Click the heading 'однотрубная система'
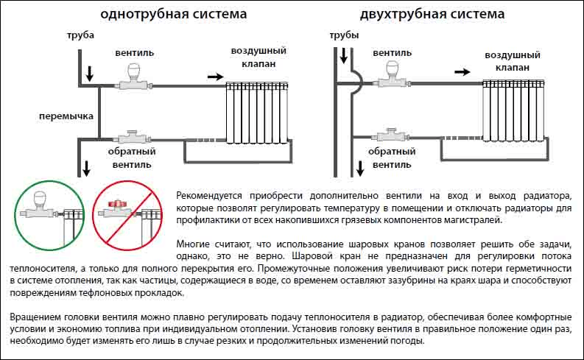click(x=174, y=14)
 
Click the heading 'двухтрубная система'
click(x=432, y=14)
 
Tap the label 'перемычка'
click(x=66, y=116)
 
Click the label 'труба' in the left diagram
click(x=80, y=36)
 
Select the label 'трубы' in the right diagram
click(x=344, y=36)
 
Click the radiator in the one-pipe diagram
click(x=257, y=113)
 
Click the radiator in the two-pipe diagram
click(x=513, y=110)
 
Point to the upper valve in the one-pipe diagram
click(x=133, y=77)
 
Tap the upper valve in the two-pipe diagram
click(x=393, y=74)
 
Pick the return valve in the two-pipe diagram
click(x=391, y=135)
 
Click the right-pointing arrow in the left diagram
click(x=215, y=77)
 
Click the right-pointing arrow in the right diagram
click(x=462, y=72)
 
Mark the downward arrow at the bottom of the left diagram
click(x=86, y=169)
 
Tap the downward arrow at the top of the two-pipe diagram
click(x=344, y=55)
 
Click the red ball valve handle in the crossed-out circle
click(x=117, y=204)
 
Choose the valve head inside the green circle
click(x=41, y=200)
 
